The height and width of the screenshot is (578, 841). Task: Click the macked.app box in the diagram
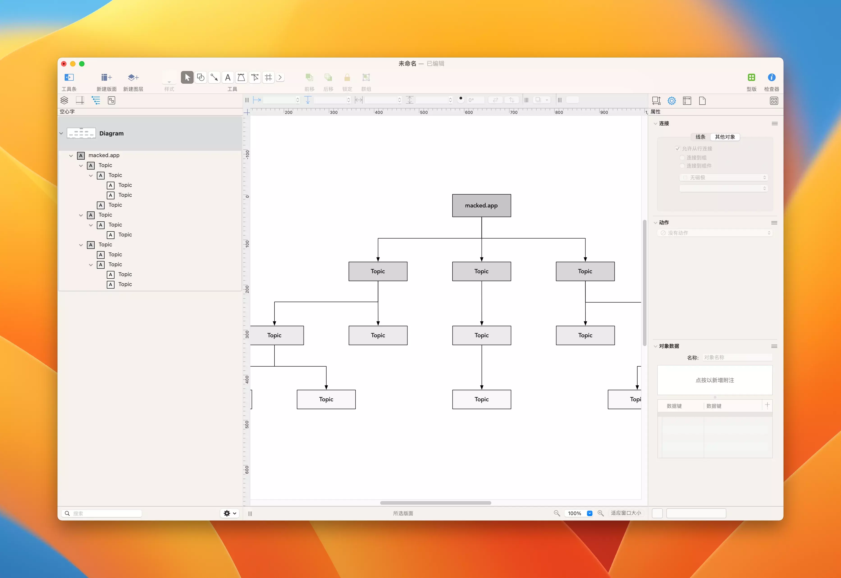(x=481, y=205)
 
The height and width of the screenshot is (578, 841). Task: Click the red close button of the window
(x=64, y=64)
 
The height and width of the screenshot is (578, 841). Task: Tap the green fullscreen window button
(x=82, y=64)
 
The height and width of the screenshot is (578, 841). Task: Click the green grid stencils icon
(x=751, y=77)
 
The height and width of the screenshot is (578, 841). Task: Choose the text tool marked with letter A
(x=227, y=77)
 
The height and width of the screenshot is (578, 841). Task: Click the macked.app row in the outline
(x=104, y=155)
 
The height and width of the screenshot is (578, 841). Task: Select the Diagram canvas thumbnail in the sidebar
(x=81, y=133)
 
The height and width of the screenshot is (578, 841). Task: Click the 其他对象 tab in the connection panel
(x=725, y=137)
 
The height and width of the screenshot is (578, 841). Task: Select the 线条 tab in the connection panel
(x=700, y=137)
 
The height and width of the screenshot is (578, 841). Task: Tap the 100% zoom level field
(x=575, y=513)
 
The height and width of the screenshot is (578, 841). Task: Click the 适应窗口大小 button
(x=626, y=513)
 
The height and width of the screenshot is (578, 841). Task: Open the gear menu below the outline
(x=230, y=513)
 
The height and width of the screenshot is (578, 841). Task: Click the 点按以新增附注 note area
(x=715, y=380)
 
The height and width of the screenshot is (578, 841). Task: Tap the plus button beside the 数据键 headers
(x=767, y=405)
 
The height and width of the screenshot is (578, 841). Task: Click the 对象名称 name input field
(x=737, y=358)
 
